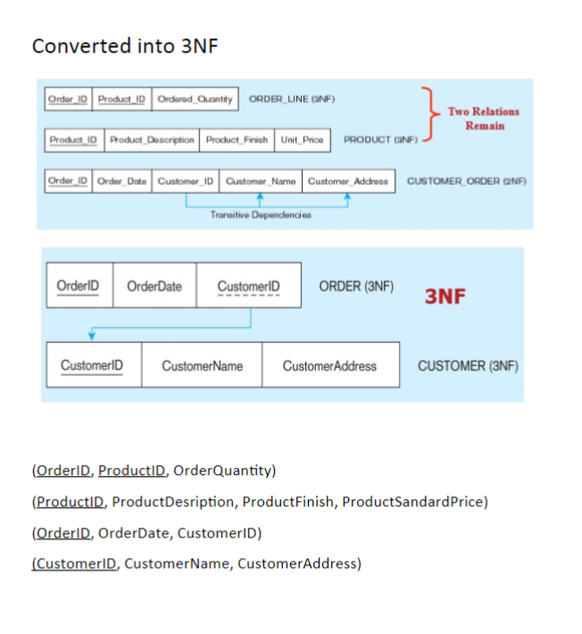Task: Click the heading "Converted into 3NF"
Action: click(125, 46)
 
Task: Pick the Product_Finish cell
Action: click(237, 140)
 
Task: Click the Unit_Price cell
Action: click(302, 140)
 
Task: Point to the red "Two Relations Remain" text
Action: click(483, 118)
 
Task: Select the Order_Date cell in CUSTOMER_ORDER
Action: click(121, 181)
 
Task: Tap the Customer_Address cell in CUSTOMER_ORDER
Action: click(348, 181)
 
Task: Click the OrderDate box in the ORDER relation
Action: click(154, 286)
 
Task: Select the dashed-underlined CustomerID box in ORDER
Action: click(248, 286)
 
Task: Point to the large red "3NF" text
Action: click(445, 296)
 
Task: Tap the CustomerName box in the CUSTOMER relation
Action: click(202, 365)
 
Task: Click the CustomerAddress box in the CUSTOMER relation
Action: click(329, 365)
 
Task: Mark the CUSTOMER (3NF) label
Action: click(468, 365)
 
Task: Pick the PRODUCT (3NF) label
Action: click(379, 140)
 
